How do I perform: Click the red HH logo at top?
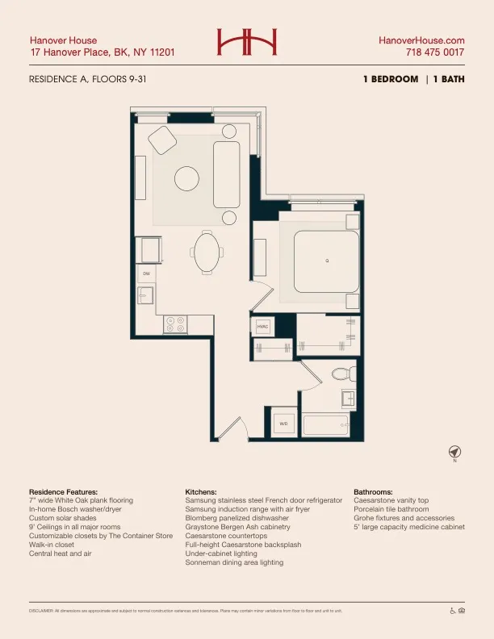click(x=247, y=42)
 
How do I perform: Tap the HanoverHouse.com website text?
click(x=422, y=40)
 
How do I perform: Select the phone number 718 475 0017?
click(x=435, y=52)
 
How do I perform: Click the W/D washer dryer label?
click(x=283, y=423)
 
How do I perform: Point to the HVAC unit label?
click(x=262, y=327)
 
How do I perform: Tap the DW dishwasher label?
click(x=146, y=274)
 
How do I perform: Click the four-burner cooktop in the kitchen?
click(x=175, y=324)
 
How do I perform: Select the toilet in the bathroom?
click(x=343, y=374)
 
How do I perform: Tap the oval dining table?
click(x=205, y=253)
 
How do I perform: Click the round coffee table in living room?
click(x=187, y=177)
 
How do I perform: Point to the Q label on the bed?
click(x=327, y=261)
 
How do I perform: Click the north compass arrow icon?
click(x=454, y=450)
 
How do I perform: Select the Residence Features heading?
click(x=63, y=491)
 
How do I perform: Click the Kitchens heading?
click(x=201, y=491)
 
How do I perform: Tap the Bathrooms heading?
click(x=373, y=491)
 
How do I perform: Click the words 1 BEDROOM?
click(x=391, y=80)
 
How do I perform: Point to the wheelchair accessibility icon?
click(x=452, y=610)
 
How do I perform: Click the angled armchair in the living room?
click(x=162, y=140)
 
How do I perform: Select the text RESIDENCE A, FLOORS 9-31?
click(x=87, y=80)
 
